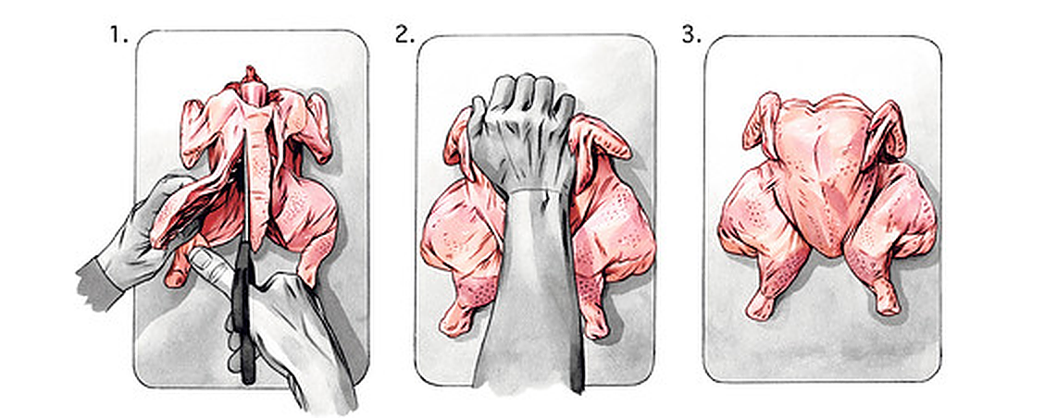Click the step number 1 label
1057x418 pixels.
click(x=118, y=35)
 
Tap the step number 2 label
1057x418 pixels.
click(x=404, y=35)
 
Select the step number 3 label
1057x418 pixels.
click(x=691, y=35)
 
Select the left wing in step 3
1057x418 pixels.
click(x=761, y=122)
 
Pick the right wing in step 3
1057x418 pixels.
click(x=887, y=127)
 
